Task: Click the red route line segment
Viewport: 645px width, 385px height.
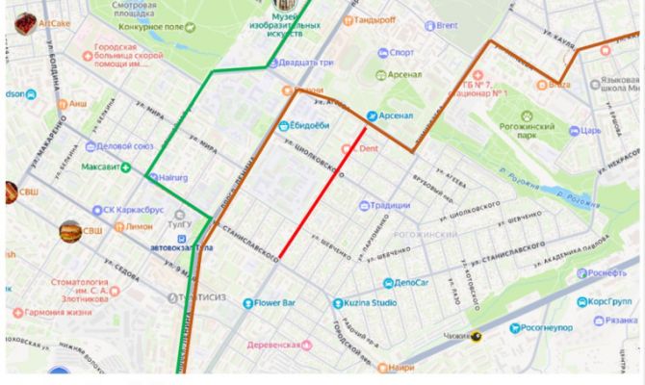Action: tap(322, 192)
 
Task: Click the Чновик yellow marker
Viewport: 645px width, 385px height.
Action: tap(476, 336)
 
